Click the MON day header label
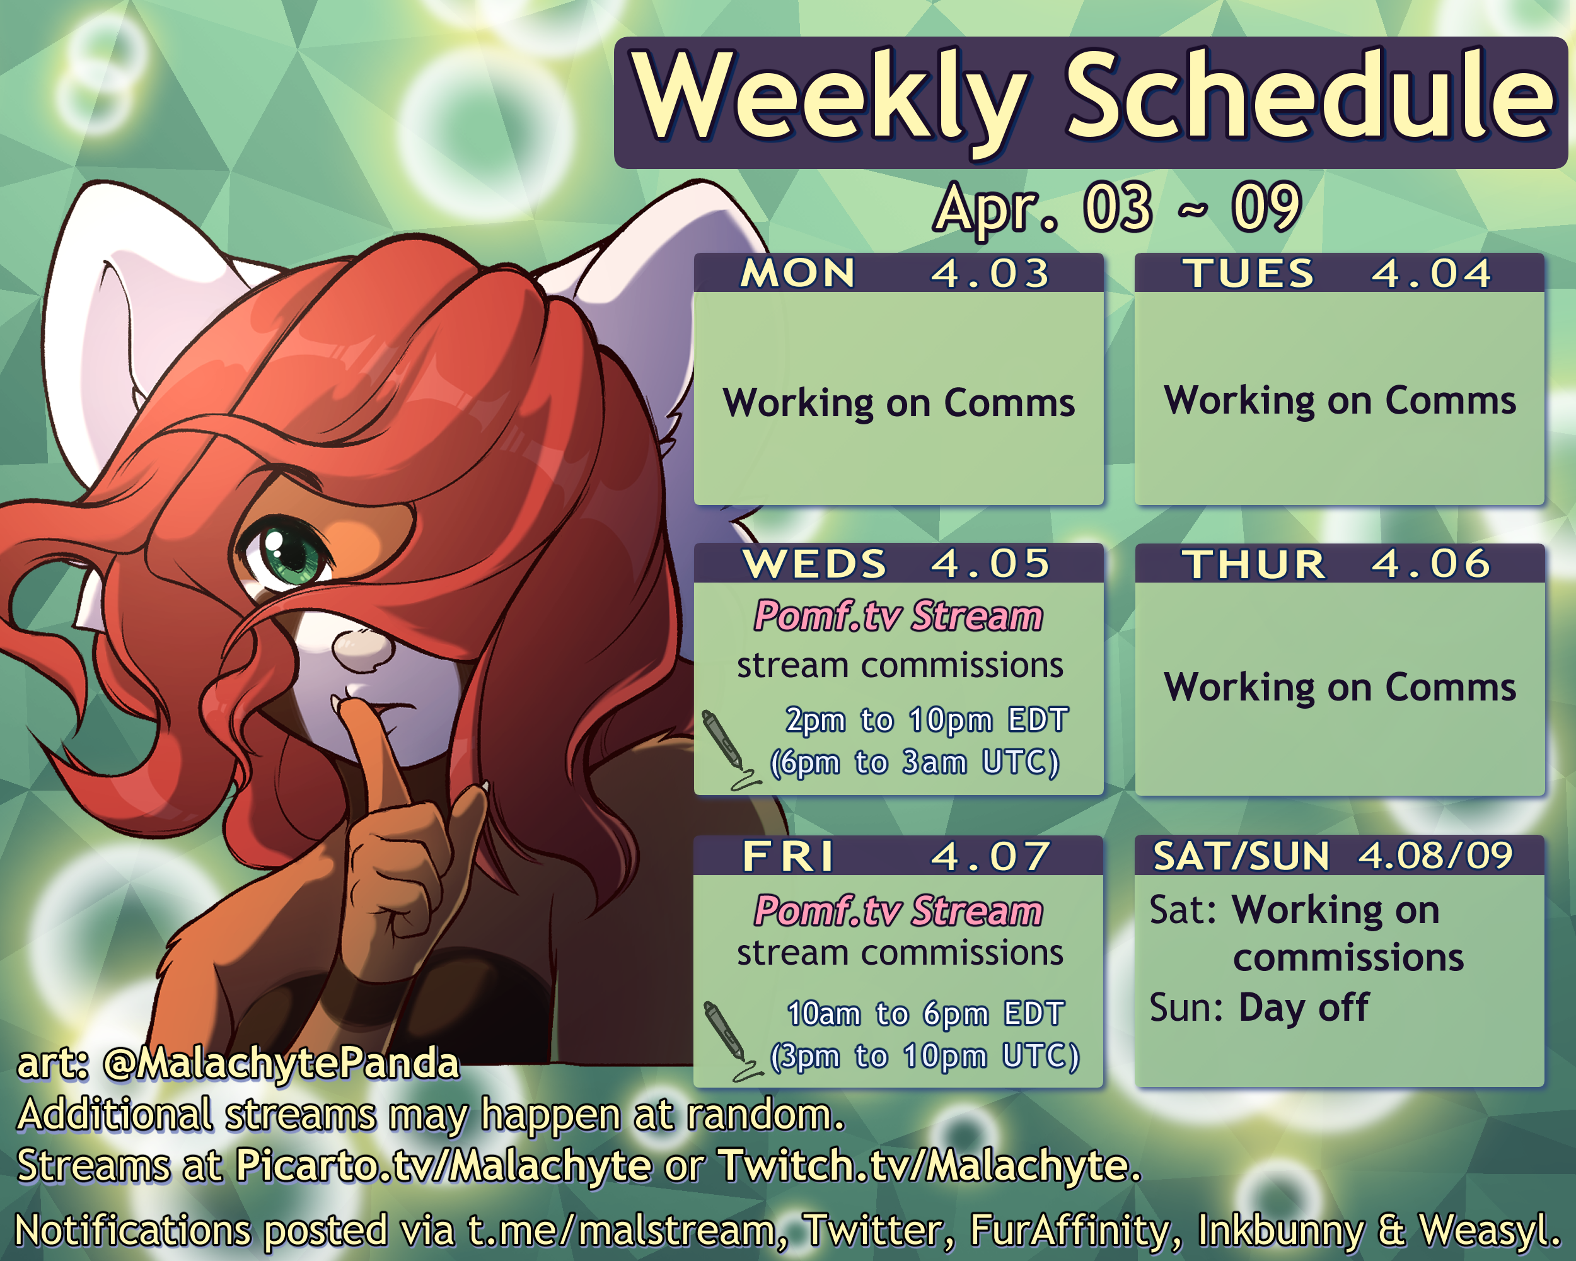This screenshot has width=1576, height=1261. pyautogui.click(x=797, y=274)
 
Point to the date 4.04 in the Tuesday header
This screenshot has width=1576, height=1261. pyautogui.click(x=1431, y=274)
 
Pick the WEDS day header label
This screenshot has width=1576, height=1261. pyautogui.click(x=814, y=564)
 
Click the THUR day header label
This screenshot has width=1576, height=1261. pyautogui.click(x=1254, y=564)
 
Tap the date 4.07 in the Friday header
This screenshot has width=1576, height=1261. pyautogui.click(x=990, y=856)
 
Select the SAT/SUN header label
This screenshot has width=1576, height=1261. pyautogui.click(x=1241, y=856)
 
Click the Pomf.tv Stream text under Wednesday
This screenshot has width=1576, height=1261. pyautogui.click(x=899, y=615)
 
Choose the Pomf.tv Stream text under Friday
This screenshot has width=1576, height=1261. pyautogui.click(x=899, y=911)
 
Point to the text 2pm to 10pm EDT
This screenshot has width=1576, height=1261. pyautogui.click(x=927, y=720)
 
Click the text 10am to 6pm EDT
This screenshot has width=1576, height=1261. pyautogui.click(x=925, y=1014)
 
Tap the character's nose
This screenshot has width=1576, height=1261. pyautogui.click(x=360, y=647)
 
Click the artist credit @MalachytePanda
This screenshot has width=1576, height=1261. pyautogui.click(x=281, y=1062)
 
